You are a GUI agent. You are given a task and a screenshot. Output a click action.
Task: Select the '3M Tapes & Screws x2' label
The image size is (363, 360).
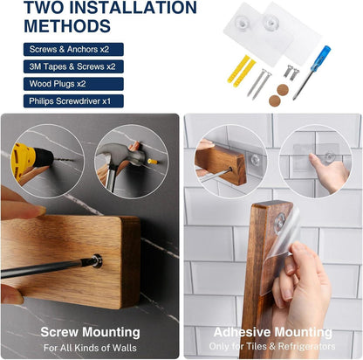pos(72,66)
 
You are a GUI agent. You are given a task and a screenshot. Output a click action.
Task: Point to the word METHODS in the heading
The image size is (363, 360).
pos(67,26)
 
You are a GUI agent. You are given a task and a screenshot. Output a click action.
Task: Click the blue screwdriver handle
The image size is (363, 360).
pos(320,59)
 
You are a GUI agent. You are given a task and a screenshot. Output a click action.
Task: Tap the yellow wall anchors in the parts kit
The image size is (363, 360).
pos(241,69)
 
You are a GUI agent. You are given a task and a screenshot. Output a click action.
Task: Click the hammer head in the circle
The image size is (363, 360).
pos(122,156)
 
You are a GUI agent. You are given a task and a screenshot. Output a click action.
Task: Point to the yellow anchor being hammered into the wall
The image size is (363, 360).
pos(153,161)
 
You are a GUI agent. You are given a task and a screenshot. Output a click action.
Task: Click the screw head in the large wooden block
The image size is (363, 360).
pos(97,260)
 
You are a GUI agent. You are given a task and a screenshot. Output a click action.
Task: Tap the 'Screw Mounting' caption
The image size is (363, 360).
pos(90,332)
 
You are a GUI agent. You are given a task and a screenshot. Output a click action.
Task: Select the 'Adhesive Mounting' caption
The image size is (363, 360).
pos(272,332)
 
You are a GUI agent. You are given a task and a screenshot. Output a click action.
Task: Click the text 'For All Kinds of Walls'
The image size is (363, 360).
pos(90,348)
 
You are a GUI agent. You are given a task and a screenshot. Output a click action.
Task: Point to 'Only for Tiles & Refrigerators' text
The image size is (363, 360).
pos(272,346)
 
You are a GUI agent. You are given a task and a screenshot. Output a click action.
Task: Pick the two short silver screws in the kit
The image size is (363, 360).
pos(291,72)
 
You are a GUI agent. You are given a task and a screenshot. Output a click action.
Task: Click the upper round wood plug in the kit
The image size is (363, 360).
pos(283,90)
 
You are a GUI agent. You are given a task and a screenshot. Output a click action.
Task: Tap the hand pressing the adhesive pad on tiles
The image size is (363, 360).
pos(329,171)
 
